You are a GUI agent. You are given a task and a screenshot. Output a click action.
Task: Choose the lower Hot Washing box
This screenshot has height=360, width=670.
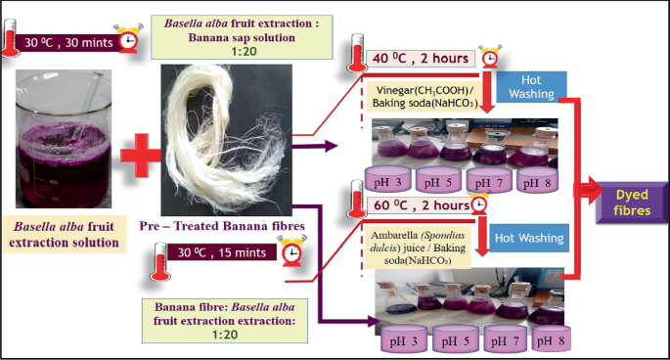point(530,236)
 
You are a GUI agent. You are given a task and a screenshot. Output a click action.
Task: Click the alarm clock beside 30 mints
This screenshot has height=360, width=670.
point(127,39)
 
